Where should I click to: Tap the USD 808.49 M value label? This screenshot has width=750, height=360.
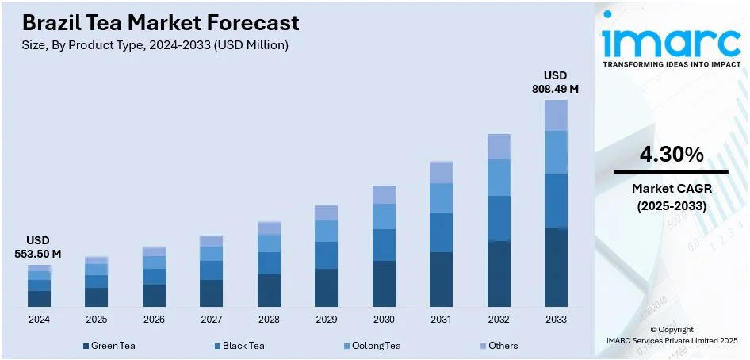pyautogui.click(x=555, y=82)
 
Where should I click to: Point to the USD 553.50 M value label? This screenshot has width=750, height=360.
pyautogui.click(x=39, y=247)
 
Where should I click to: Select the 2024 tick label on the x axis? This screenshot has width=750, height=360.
pyautogui.click(x=39, y=319)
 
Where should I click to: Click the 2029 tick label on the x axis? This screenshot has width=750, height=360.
pyautogui.click(x=326, y=319)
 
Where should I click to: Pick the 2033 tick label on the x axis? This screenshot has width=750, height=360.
pyautogui.click(x=555, y=319)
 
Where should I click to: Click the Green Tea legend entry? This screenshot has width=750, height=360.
pyautogui.click(x=111, y=346)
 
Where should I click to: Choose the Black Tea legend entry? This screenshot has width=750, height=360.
pyautogui.click(x=239, y=346)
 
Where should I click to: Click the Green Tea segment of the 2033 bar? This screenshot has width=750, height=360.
pyautogui.click(x=556, y=267)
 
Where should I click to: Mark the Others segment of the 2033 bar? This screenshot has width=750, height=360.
pyautogui.click(x=556, y=115)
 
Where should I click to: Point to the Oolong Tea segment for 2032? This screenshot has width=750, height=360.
pyautogui.click(x=499, y=178)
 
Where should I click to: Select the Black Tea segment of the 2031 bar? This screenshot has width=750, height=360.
pyautogui.click(x=441, y=232)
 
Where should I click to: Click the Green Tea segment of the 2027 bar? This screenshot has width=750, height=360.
pyautogui.click(x=211, y=293)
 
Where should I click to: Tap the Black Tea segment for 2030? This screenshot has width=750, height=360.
pyautogui.click(x=384, y=244)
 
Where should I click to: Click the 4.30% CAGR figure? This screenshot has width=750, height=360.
pyautogui.click(x=671, y=155)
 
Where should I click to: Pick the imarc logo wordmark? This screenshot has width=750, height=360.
pyautogui.click(x=670, y=40)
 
